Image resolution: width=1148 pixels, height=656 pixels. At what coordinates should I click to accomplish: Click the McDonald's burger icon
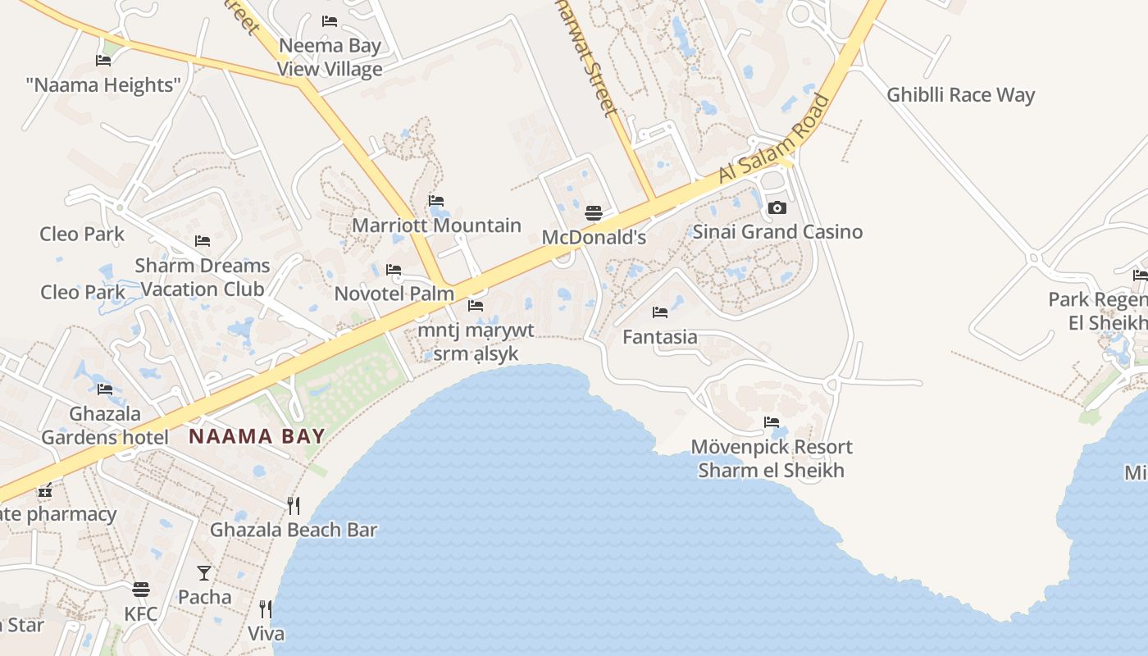594,214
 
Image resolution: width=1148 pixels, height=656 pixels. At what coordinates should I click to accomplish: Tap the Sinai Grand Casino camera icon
777,208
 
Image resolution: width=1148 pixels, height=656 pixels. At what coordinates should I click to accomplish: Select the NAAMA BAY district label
257,436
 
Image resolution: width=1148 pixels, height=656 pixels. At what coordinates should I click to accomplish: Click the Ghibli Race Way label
960,95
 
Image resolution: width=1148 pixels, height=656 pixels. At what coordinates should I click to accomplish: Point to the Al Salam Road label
775,139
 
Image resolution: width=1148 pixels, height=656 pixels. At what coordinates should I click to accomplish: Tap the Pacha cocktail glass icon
204,573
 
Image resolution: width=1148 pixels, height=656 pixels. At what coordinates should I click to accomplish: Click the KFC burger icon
141,590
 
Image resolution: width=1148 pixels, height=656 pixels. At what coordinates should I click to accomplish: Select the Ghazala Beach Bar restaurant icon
293,506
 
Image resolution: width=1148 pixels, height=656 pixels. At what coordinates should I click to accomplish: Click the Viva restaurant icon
266,609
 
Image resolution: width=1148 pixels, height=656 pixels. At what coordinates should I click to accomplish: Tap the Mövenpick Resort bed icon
772,423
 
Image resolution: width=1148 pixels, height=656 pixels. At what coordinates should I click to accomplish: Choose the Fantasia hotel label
660,337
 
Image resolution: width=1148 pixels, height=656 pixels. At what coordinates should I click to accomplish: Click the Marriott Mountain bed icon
436,201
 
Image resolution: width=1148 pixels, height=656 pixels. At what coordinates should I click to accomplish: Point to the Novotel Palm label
394,294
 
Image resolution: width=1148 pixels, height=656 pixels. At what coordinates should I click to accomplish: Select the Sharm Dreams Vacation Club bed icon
203,241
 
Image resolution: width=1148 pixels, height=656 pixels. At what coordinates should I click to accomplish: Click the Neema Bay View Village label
330,57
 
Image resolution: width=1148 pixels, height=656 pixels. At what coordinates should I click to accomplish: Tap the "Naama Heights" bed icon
103,61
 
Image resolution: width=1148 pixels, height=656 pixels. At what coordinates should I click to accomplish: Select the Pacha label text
204,597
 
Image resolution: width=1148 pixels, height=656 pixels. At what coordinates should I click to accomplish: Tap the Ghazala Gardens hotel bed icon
104,389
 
